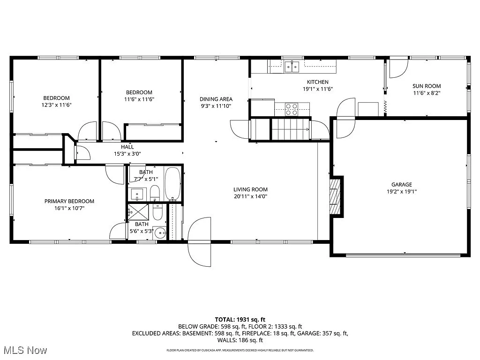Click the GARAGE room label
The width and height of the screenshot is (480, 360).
[402, 184]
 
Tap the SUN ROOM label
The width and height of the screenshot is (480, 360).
[427, 86]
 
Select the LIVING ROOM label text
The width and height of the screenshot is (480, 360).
[250, 189]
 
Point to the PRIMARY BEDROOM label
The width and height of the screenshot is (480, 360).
[69, 201]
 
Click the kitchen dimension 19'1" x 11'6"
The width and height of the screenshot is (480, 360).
[317, 89]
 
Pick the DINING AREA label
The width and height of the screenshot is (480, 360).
[216, 99]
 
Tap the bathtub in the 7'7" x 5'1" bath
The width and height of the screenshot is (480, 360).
[172, 183]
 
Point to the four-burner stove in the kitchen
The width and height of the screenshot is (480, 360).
[292, 109]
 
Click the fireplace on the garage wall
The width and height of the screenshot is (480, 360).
[336, 196]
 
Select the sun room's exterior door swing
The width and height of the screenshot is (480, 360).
[398, 68]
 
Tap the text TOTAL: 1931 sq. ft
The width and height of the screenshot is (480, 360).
[240, 318]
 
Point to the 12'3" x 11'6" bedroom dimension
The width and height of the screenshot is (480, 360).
[56, 105]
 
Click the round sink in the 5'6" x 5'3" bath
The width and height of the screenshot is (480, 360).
[161, 232]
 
